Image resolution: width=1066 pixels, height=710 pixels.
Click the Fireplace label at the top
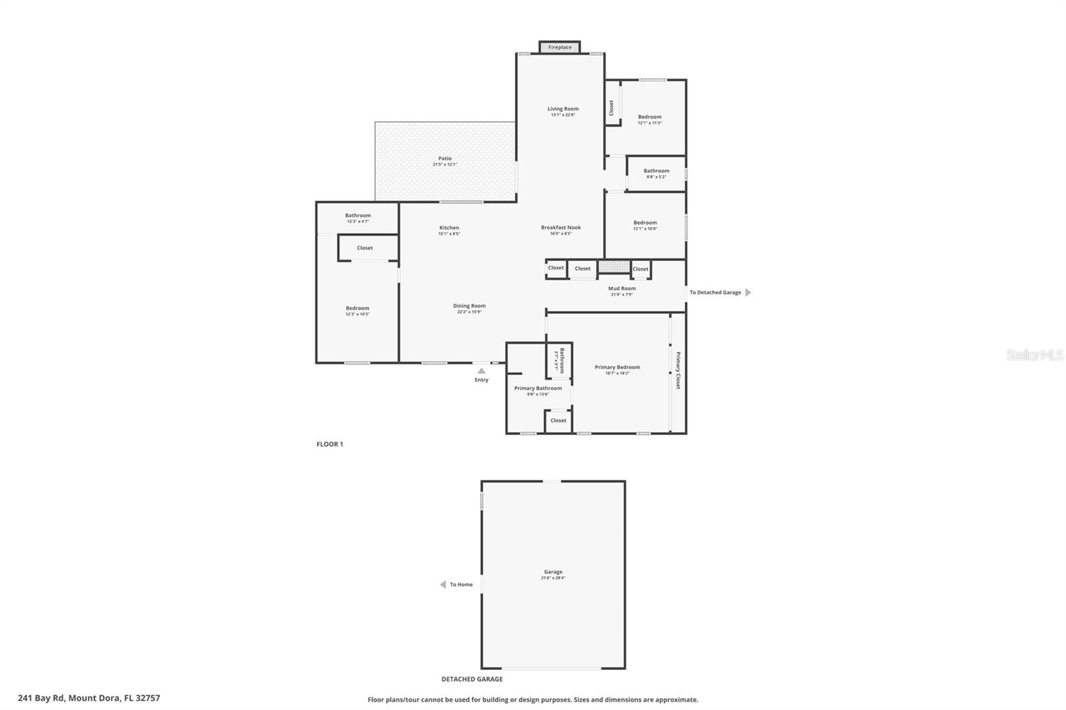tap(560, 47)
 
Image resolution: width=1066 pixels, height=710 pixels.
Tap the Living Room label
tap(563, 109)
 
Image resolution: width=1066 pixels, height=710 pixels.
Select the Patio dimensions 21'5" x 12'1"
tap(444, 165)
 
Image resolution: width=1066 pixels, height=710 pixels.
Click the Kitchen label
tap(448, 228)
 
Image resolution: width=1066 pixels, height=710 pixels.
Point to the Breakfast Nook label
tap(560, 227)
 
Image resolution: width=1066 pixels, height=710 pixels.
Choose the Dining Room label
tap(469, 306)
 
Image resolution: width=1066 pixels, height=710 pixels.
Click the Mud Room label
tap(622, 288)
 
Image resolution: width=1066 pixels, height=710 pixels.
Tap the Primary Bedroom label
tap(617, 367)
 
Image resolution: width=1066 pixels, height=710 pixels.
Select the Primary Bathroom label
tap(538, 388)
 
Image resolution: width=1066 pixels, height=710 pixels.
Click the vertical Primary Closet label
tap(678, 370)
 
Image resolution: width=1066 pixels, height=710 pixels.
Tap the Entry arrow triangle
tap(481, 371)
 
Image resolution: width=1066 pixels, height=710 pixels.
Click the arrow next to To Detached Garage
tap(748, 292)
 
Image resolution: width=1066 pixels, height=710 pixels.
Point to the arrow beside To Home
tap(442, 585)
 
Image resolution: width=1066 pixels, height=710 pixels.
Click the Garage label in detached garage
tap(553, 571)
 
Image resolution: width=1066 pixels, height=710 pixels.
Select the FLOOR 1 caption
tap(330, 444)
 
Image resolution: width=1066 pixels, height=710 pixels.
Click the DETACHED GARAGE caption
tap(472, 679)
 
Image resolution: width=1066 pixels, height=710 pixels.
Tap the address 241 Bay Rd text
tap(89, 698)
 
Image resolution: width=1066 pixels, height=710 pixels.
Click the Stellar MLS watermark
tap(1034, 356)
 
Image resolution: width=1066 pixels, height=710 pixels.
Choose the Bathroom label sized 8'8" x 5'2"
tap(656, 171)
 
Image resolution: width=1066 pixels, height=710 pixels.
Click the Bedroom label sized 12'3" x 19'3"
tap(357, 308)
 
